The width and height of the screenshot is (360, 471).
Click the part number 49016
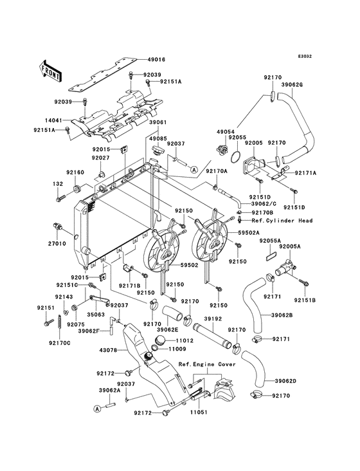pyautogui.click(x=156, y=60)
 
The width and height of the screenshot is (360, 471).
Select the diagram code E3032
pyautogui.click(x=305, y=56)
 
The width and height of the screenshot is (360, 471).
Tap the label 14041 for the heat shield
pyautogui.click(x=53, y=120)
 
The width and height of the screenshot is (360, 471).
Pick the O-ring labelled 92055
pyautogui.click(x=237, y=156)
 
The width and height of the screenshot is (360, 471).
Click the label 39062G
pyautogui.click(x=292, y=85)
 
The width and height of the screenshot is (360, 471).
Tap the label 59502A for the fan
pyautogui.click(x=249, y=233)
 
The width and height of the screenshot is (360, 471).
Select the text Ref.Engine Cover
pyautogui.click(x=207, y=364)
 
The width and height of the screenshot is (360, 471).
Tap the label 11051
pyautogui.click(x=198, y=412)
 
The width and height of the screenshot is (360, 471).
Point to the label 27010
pyautogui.click(x=57, y=244)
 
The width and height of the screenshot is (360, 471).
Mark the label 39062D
pyautogui.click(x=285, y=381)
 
